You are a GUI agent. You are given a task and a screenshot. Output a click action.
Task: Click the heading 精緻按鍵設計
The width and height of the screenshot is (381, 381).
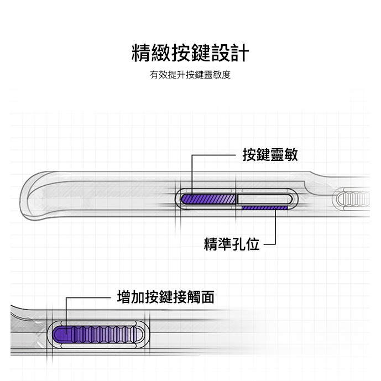click(x=190, y=53)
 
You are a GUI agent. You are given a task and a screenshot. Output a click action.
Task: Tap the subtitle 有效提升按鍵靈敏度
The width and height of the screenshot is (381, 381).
click(x=190, y=75)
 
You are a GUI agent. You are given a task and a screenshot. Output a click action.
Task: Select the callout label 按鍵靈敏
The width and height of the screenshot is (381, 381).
click(x=270, y=155)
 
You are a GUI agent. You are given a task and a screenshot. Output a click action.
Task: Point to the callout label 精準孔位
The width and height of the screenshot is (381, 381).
click(x=232, y=243)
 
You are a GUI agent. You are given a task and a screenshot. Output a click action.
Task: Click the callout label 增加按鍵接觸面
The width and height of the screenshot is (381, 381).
click(x=166, y=298)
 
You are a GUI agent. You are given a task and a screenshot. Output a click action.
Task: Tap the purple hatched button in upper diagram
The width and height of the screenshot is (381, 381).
click(x=208, y=198)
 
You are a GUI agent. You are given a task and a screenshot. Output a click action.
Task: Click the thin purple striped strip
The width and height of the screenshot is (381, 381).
click(x=264, y=208)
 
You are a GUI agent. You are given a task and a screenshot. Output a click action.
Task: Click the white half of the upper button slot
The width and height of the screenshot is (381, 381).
click(x=261, y=197)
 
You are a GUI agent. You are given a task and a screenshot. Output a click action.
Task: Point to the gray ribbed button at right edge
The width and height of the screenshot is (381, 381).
click(x=357, y=197)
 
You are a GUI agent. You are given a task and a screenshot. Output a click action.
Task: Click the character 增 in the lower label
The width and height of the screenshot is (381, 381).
click(x=124, y=298)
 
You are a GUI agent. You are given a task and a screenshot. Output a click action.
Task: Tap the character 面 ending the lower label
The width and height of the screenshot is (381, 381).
click(x=207, y=298)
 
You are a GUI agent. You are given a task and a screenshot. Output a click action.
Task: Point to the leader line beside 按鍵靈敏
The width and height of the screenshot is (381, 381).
click(x=216, y=156)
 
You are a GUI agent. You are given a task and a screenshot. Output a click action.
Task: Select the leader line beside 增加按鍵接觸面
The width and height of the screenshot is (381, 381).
click(x=88, y=298)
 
